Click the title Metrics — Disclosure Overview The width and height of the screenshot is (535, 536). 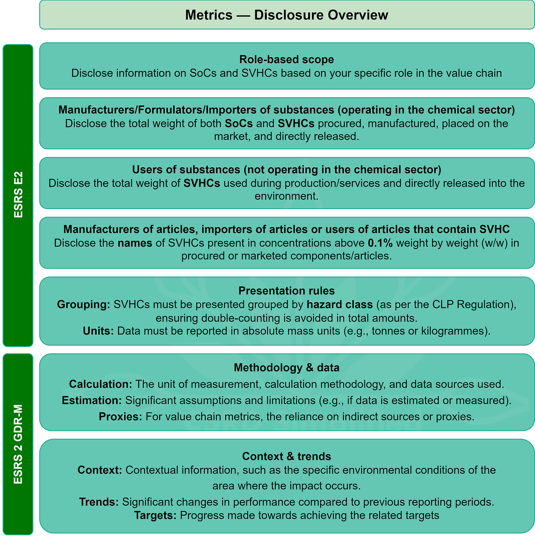coord(287,15)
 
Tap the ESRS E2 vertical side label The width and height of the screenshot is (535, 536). coord(18,194)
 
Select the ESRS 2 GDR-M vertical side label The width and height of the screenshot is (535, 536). coord(18,444)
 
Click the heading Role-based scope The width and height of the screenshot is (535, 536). coord(287,60)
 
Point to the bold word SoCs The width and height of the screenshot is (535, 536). coord(238,123)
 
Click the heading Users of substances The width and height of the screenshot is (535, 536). coord(287,169)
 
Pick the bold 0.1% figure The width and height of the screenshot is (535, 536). coord(380,243)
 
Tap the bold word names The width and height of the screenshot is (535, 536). coord(135,243)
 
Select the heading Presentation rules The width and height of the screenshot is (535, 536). coord(287,291)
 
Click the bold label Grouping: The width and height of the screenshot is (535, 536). coord(84,304)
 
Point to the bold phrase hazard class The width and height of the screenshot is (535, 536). coord(340,304)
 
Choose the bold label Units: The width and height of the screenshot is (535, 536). coord(98,331)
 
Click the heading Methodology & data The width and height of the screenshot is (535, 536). coord(287,368)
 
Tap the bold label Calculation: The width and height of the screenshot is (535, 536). coord(101,384)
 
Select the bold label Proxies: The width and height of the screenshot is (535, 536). coord(121,417)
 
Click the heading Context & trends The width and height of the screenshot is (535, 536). coord(287,456)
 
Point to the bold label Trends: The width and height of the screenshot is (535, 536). coord(99,502)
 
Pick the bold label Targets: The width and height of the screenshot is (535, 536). coord(155,515)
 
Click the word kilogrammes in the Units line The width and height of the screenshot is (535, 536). coord(454,331)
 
